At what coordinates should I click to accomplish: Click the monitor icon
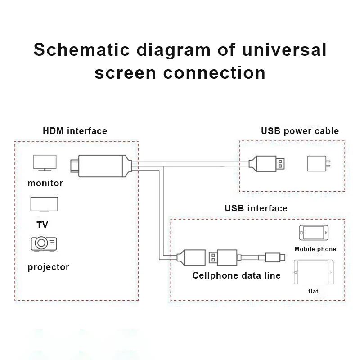(x=45, y=163)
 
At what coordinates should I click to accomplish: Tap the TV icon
(x=44, y=205)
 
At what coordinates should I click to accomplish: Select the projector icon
(x=44, y=243)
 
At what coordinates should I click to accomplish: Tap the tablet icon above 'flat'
(x=313, y=272)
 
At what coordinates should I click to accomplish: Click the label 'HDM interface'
(x=75, y=131)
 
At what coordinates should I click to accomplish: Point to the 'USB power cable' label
(x=300, y=131)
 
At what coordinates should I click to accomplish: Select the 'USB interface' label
(x=256, y=208)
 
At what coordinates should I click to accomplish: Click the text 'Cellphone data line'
(x=236, y=275)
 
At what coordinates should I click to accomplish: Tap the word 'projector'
(x=48, y=267)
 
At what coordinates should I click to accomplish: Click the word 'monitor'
(x=45, y=183)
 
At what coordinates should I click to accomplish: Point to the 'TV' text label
(x=42, y=225)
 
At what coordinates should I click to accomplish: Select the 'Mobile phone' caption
(x=315, y=249)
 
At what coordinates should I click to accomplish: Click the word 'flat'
(x=313, y=291)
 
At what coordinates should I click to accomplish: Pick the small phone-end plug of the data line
(x=274, y=258)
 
